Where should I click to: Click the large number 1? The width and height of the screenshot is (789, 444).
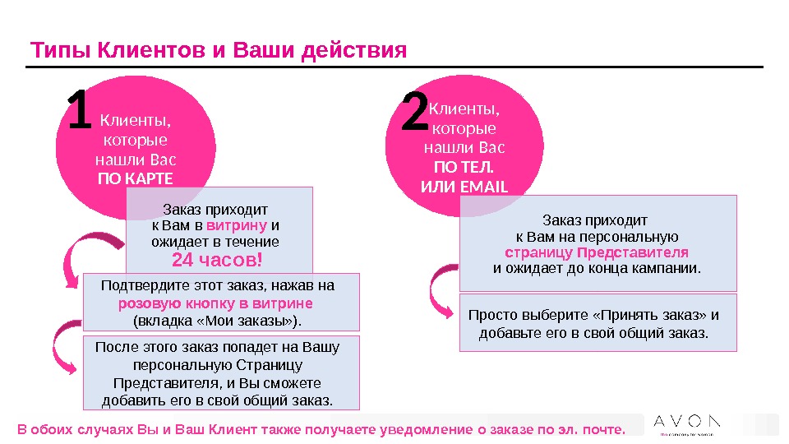point(79,115)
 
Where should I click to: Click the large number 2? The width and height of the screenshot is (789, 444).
point(415,115)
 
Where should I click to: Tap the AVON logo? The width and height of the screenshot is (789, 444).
point(687,422)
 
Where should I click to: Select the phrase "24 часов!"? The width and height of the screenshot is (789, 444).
point(218,261)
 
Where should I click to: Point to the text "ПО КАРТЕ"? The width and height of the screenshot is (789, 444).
point(136,178)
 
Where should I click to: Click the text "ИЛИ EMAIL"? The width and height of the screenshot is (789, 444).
point(464,187)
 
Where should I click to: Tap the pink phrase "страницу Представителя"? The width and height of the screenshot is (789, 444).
point(597,252)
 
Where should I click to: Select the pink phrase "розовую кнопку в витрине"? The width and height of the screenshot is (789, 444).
point(216,303)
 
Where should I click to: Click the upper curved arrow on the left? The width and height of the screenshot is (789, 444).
point(90,255)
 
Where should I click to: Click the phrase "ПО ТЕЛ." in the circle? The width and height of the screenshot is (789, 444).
point(464,168)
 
